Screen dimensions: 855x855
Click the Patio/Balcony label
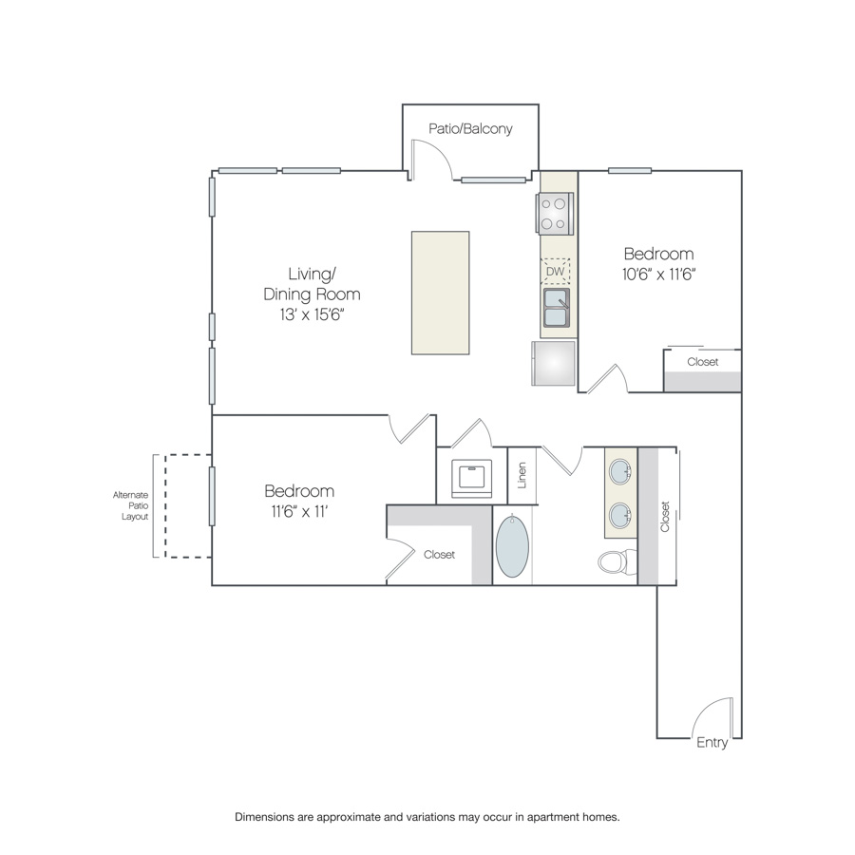point(470,129)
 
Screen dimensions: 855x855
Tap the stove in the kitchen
point(555,214)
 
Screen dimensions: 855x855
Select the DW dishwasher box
point(555,271)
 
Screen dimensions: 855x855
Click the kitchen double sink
point(556,308)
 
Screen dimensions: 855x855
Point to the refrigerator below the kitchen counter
point(554,363)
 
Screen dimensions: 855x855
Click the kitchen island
point(441,293)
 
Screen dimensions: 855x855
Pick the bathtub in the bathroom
point(512,545)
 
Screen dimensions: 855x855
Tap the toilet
point(617,561)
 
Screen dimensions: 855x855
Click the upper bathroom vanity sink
point(620,471)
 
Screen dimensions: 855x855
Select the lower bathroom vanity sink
point(620,515)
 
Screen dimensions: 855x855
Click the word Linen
point(522,476)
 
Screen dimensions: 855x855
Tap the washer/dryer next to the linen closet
point(471,478)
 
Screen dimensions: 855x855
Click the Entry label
point(712,743)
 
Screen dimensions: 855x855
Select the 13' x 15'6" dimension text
point(313,314)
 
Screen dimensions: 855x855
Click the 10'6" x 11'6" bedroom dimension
point(658,275)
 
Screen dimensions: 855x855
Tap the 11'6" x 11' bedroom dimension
point(299,511)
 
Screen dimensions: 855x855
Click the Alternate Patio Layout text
point(130,505)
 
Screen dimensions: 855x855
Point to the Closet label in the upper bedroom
point(702,362)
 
